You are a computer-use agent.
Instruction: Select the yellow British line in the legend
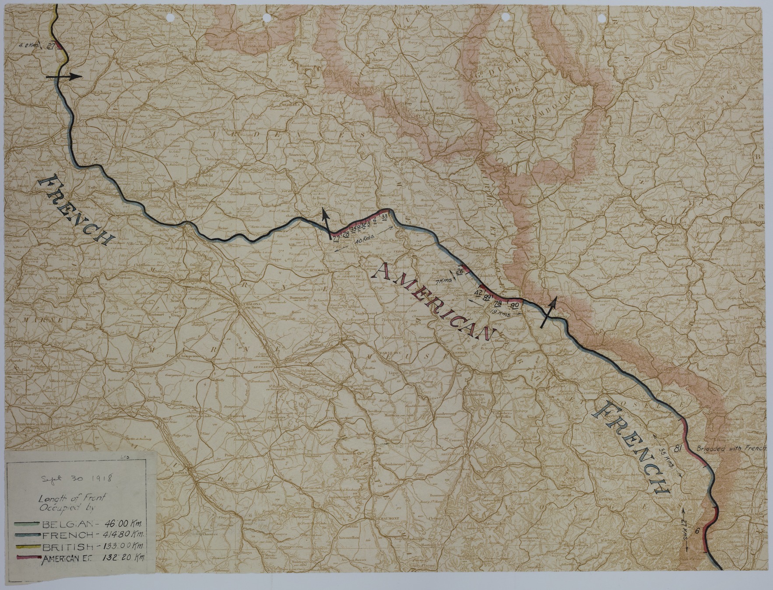pyautogui.click(x=28, y=547)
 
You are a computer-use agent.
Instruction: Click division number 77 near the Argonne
pyautogui.click(x=336, y=238)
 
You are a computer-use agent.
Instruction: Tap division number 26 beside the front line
pyautogui.click(x=460, y=272)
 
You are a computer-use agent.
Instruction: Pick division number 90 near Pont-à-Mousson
pyautogui.click(x=515, y=305)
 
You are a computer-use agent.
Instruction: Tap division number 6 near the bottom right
pyautogui.click(x=697, y=531)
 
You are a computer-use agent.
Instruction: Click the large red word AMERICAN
pyautogui.click(x=431, y=302)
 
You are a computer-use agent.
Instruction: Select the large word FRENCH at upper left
pyautogui.click(x=79, y=209)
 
